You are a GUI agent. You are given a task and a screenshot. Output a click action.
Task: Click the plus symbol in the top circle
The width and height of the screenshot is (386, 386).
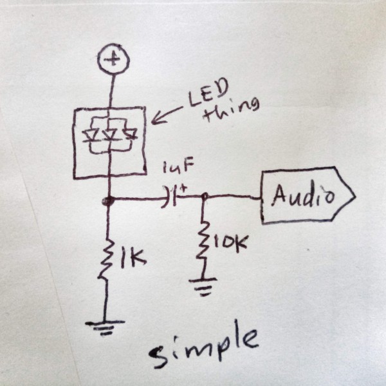113,60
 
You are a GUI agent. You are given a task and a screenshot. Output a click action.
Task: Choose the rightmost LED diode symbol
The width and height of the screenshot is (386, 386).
131,135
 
